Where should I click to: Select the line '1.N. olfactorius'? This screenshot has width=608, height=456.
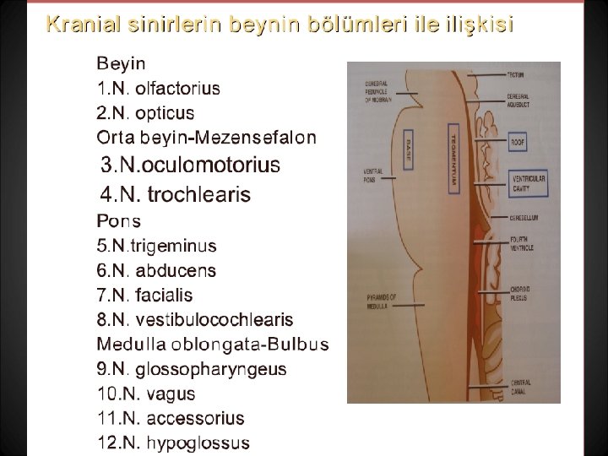pos(158,88)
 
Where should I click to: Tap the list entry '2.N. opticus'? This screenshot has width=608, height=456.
pos(145,112)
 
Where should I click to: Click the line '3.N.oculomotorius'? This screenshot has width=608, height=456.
pos(190,165)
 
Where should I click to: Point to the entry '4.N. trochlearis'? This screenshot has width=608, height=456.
pos(175,195)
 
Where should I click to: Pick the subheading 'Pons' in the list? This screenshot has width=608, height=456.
pos(119,221)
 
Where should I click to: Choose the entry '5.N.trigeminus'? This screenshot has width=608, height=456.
pos(156,247)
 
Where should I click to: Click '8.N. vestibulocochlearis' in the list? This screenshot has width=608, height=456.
pos(195,320)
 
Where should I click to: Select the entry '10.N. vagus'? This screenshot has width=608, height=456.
pos(145,394)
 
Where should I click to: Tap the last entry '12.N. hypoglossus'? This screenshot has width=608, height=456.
pos(173,442)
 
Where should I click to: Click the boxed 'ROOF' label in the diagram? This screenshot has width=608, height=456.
pos(518,144)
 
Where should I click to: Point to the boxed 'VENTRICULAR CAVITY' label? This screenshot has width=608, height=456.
pos(529,184)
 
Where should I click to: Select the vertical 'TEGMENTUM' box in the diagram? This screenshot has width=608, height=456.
pos(453,158)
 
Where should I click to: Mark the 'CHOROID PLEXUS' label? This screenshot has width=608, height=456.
pos(520,295)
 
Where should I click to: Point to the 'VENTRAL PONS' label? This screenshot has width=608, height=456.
pos(373,175)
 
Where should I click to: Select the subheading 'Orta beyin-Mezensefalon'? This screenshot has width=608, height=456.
pos(207,137)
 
